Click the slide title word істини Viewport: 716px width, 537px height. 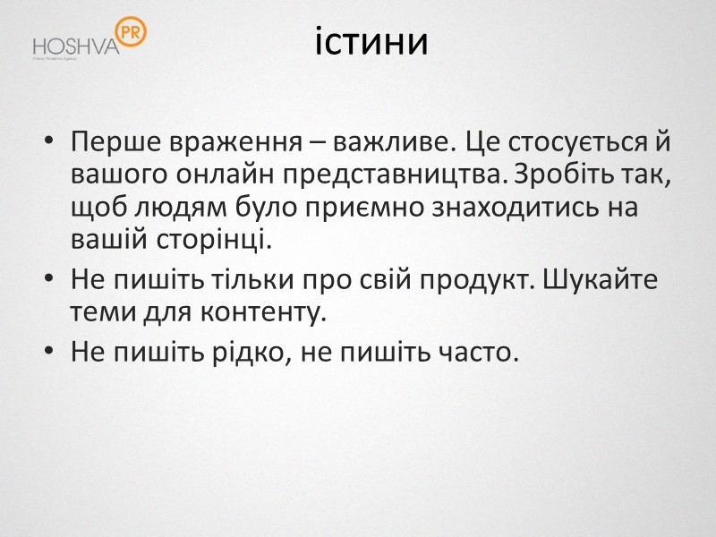click(x=371, y=42)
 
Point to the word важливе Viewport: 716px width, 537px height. click(x=364, y=144)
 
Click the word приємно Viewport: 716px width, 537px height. click(x=359, y=209)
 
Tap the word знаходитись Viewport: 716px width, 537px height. click(x=513, y=209)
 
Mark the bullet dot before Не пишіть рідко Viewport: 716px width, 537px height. click(x=50, y=353)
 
